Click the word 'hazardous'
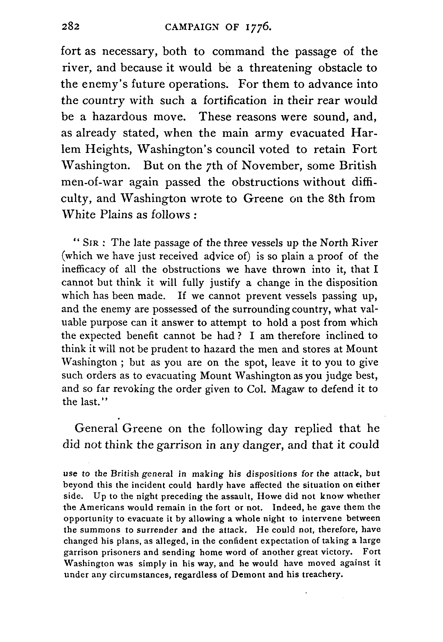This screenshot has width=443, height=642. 120,117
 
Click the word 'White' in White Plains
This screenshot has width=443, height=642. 79,215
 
